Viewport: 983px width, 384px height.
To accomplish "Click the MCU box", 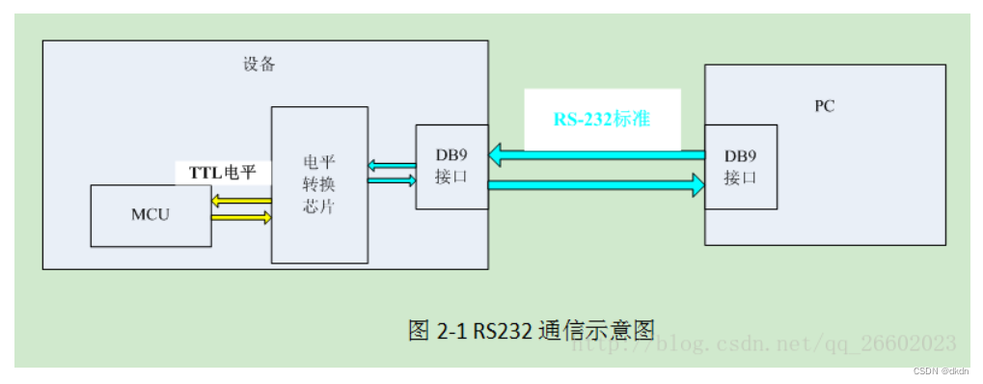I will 150,214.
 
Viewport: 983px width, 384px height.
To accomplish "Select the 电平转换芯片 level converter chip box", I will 319,184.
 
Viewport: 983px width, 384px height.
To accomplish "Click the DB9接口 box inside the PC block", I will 741,167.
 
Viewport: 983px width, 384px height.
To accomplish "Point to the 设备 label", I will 259,65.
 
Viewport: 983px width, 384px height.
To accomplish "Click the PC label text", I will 824,106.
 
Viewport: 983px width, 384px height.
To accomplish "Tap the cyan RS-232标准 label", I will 601,120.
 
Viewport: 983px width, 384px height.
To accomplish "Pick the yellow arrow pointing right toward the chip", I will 241,218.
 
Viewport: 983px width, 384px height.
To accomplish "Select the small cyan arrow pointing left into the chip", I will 392,166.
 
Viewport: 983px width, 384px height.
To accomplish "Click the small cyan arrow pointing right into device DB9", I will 392,179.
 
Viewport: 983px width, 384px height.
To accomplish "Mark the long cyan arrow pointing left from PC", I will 596,152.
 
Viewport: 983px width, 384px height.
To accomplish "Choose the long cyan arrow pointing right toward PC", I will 596,184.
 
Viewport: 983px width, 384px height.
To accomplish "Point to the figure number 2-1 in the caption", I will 451,330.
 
